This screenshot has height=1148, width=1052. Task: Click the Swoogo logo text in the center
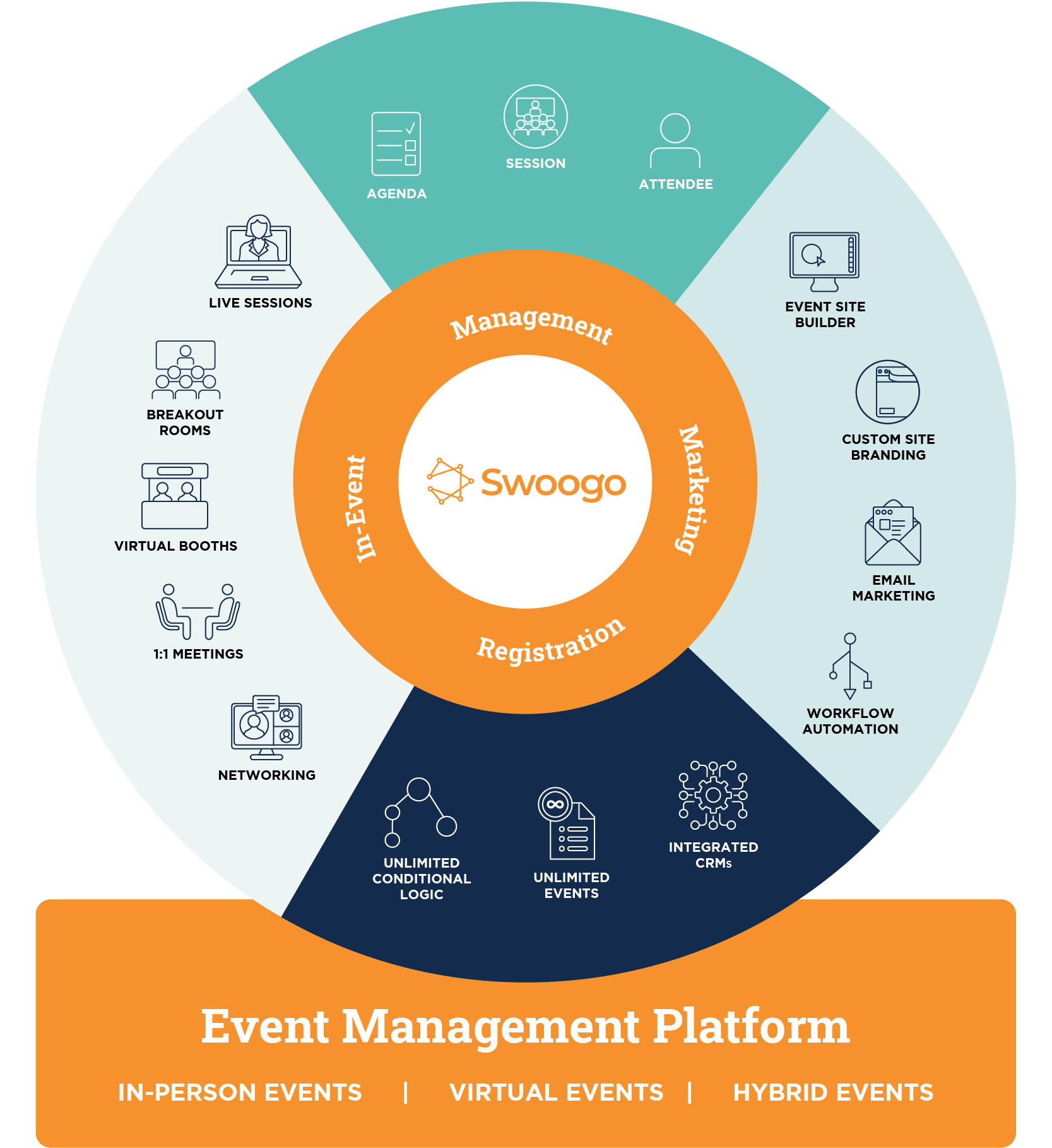553,483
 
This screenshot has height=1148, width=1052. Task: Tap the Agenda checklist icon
396,144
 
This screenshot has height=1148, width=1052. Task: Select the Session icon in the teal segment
535,117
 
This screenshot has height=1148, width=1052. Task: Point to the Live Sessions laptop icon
259,252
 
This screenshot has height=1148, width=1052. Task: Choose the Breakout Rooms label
185,422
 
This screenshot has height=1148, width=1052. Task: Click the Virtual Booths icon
175,496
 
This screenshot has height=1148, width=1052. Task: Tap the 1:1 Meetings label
198,654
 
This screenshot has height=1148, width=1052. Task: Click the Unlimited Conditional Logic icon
420,812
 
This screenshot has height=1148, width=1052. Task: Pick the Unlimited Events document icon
566,823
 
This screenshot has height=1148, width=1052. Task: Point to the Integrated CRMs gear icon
713,795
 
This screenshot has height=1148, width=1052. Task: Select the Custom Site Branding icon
887,392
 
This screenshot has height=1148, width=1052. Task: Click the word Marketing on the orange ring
694,489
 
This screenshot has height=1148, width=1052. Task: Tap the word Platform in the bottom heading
751,1026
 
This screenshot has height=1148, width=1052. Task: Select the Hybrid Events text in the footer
833,1092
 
